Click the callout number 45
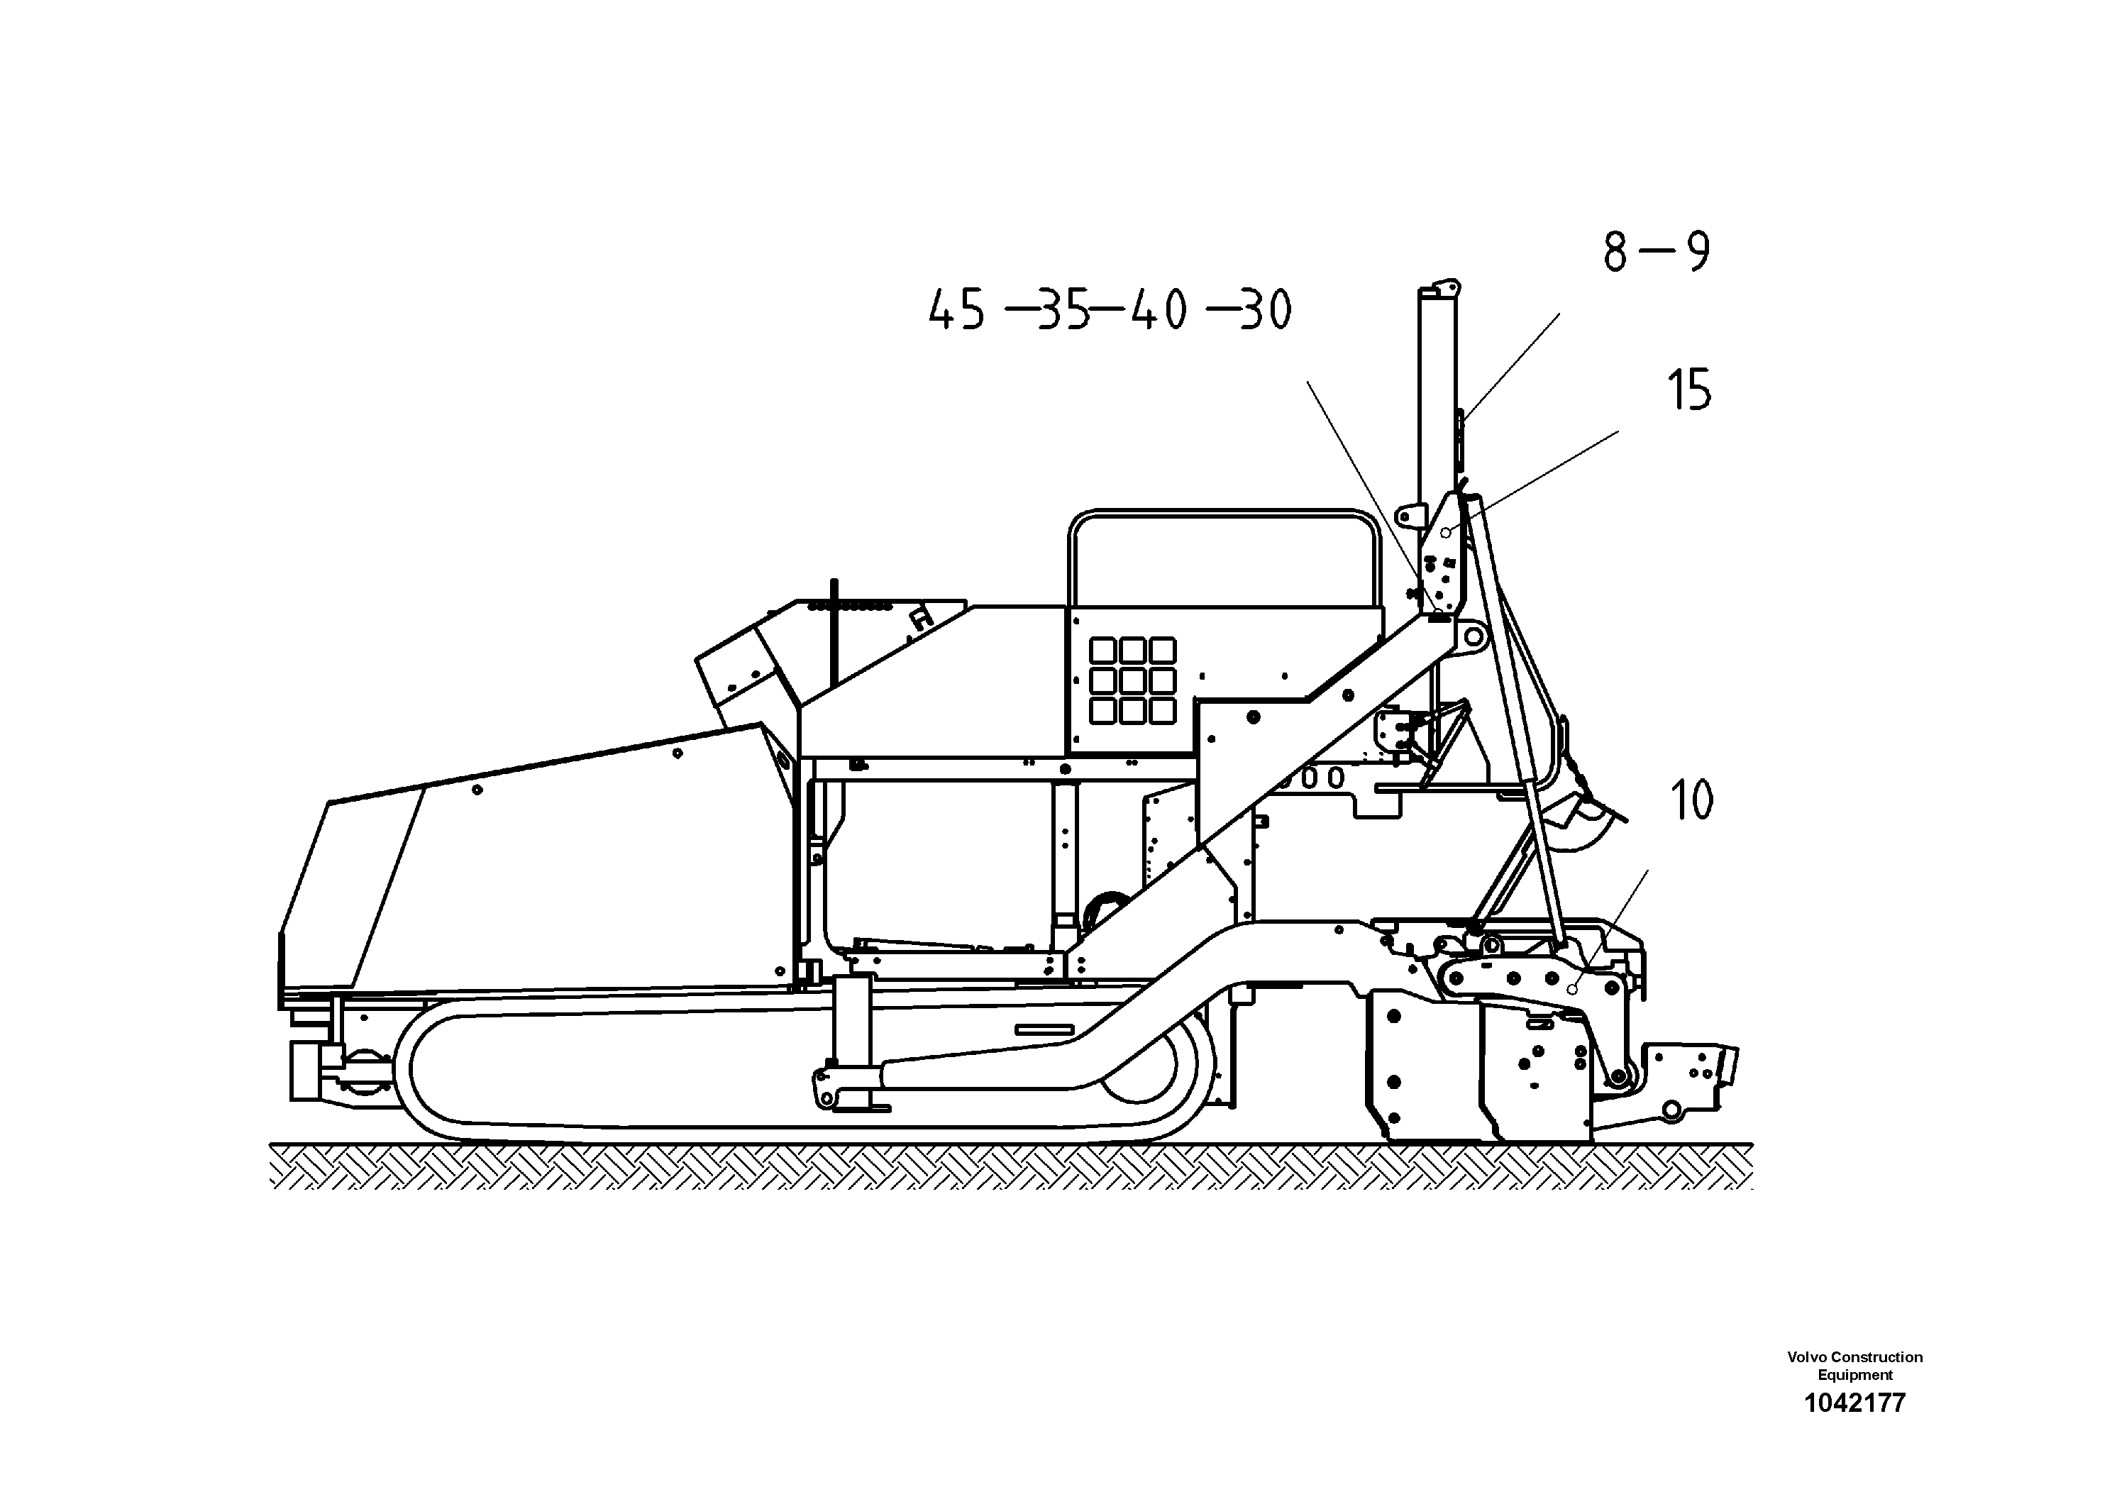coord(956,310)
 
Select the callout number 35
coord(1063,310)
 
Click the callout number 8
coord(1615,251)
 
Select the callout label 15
coord(1689,390)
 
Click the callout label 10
coord(1691,800)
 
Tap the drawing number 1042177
coord(1854,1403)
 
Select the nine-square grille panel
coord(1132,680)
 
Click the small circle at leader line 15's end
coord(1446,533)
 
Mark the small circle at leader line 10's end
coord(1572,990)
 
